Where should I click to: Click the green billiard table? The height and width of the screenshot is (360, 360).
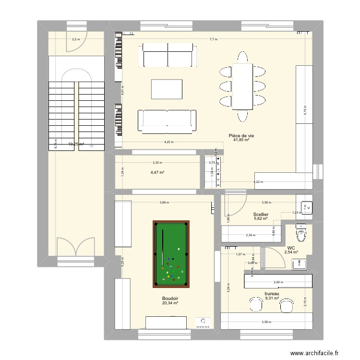pyautogui.click(x=171, y=252)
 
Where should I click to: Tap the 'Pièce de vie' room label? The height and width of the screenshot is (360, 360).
pyautogui.click(x=241, y=135)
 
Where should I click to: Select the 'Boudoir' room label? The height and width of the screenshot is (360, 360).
pyautogui.click(x=170, y=298)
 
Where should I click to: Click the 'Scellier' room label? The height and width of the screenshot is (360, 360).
pyautogui.click(x=261, y=215)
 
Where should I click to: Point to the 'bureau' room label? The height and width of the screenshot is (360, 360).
pyautogui.click(x=272, y=293)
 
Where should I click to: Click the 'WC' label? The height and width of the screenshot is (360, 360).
pyautogui.click(x=291, y=248)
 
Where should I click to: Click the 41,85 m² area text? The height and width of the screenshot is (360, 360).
pyautogui.click(x=241, y=140)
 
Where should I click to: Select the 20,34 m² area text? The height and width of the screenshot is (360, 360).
pyautogui.click(x=170, y=303)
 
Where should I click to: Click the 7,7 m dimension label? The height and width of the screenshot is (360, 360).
pyautogui.click(x=213, y=39)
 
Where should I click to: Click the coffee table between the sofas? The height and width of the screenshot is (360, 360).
pyautogui.click(x=167, y=90)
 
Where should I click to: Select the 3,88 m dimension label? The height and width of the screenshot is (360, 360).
pyautogui.click(x=164, y=203)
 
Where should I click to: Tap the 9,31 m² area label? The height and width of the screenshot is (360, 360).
pyautogui.click(x=272, y=298)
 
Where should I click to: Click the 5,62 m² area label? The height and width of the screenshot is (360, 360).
pyautogui.click(x=261, y=219)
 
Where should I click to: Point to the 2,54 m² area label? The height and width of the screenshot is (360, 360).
pyautogui.click(x=291, y=252)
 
